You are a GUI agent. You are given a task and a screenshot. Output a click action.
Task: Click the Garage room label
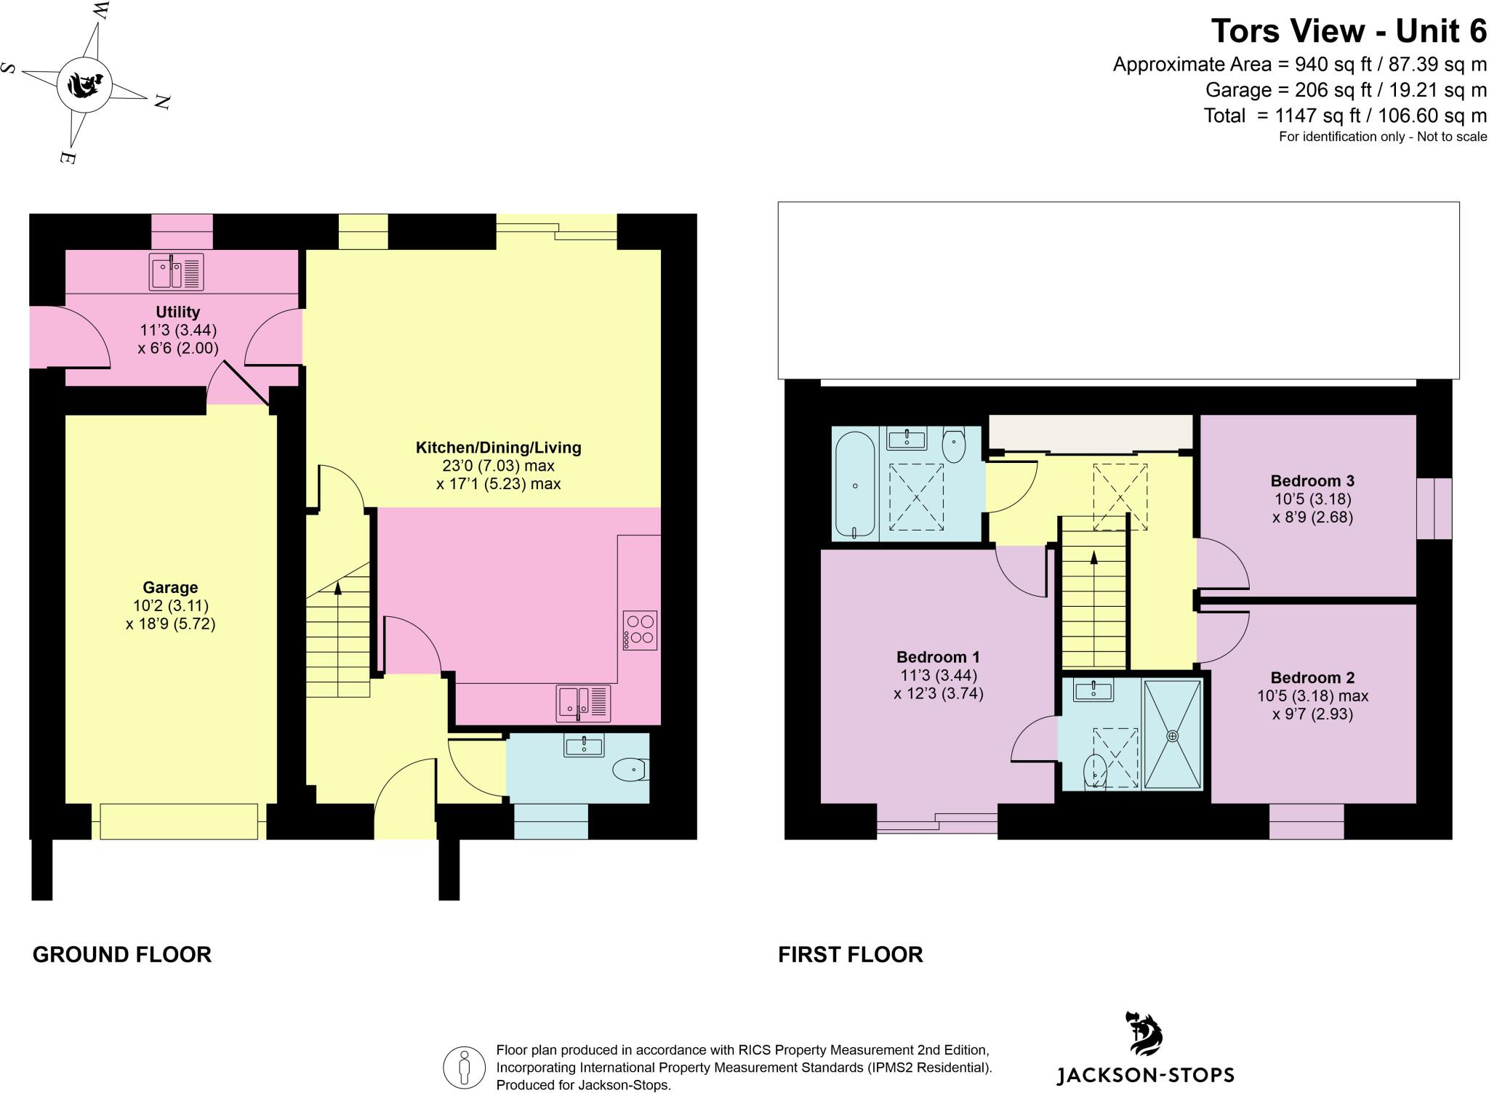click(170, 587)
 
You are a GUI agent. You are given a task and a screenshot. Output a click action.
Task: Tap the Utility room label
click(177, 312)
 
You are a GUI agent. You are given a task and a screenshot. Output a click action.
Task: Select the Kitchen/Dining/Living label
click(499, 448)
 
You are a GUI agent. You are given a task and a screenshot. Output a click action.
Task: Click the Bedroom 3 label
click(1312, 480)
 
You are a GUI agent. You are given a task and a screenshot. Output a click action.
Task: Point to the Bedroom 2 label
click(1312, 677)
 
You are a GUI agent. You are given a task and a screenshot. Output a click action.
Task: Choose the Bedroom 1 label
click(938, 657)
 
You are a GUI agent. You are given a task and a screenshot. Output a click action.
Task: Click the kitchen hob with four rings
click(640, 630)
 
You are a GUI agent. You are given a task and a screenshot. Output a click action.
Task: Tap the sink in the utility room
click(176, 271)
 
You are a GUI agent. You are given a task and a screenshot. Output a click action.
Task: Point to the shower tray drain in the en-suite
click(1172, 735)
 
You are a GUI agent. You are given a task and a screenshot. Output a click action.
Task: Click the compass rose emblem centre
click(84, 85)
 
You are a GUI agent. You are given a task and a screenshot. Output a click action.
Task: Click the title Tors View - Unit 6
click(1349, 31)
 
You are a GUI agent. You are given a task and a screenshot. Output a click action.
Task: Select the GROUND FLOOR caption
click(122, 954)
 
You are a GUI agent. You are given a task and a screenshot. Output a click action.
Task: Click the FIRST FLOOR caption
click(851, 954)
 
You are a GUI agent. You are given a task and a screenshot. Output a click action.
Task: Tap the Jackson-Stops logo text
click(1145, 1075)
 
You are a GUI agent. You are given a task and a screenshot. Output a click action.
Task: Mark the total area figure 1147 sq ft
click(1301, 116)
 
